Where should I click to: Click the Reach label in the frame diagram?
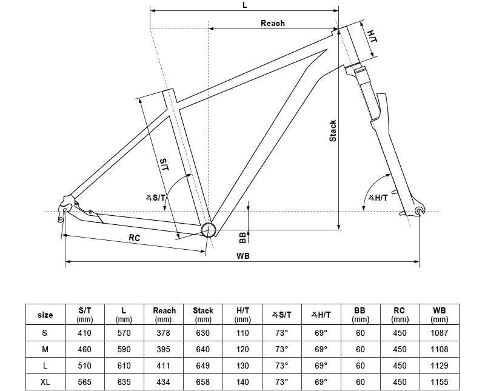(272, 23)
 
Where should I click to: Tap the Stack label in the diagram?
(333, 131)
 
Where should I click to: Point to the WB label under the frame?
(243, 256)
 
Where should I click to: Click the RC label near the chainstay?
(134, 238)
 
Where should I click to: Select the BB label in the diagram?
(242, 238)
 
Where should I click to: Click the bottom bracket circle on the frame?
(209, 230)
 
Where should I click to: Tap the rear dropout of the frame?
(65, 209)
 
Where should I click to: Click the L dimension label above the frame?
(245, 5)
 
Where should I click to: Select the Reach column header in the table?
(164, 315)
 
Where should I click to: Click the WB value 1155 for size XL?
(439, 382)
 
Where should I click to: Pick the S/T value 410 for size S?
(84, 333)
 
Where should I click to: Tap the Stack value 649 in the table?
(203, 366)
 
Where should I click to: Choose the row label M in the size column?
(45, 349)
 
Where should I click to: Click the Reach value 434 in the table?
(163, 382)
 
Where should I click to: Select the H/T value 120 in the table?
(242, 349)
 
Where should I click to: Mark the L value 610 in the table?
(124, 366)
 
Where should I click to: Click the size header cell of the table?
(45, 315)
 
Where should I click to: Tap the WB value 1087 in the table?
(439, 333)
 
